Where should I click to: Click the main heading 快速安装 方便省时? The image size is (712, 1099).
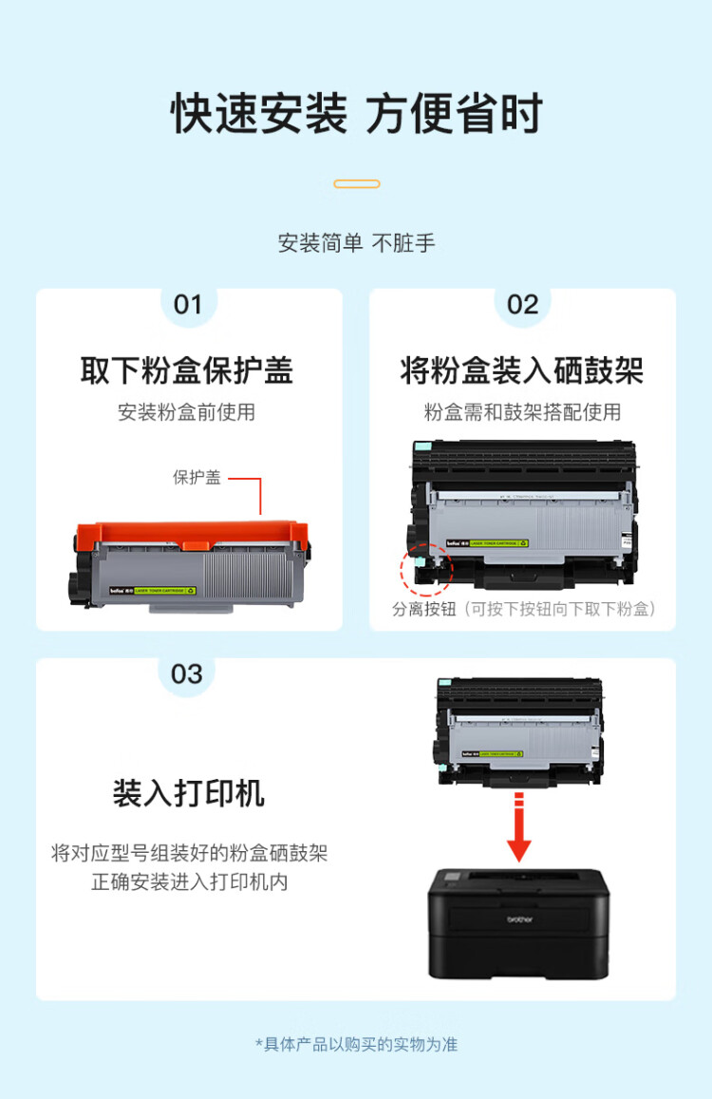click(x=356, y=115)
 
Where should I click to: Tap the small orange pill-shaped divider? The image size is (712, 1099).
click(x=357, y=184)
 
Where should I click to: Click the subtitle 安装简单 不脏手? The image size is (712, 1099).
click(x=356, y=243)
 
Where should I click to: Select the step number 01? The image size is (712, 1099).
click(x=188, y=305)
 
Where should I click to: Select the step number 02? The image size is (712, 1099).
click(x=522, y=305)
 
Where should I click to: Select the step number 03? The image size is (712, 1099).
click(x=187, y=674)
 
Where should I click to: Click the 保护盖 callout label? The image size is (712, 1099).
click(x=197, y=478)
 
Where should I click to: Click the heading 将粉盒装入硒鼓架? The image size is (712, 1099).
click(x=522, y=370)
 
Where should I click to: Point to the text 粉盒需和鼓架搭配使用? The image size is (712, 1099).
click(x=522, y=412)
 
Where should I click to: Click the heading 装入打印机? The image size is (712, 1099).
click(x=188, y=793)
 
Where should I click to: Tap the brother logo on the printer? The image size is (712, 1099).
click(x=518, y=919)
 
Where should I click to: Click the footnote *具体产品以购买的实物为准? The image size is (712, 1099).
click(x=356, y=1044)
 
